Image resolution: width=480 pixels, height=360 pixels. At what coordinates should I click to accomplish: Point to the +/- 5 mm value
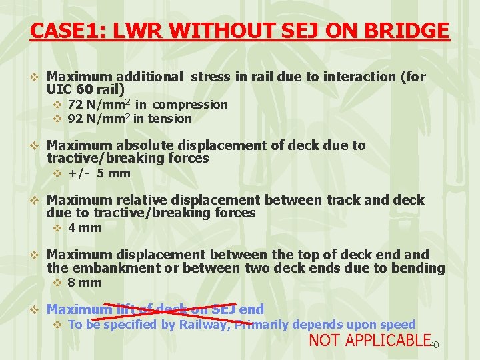point(99,173)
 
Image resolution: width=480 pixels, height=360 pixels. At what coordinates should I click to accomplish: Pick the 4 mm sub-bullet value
point(85,228)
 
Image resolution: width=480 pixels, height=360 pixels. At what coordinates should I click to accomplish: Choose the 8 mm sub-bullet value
point(85,283)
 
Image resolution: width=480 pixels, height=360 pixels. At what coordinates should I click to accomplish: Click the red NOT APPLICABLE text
point(368,341)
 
